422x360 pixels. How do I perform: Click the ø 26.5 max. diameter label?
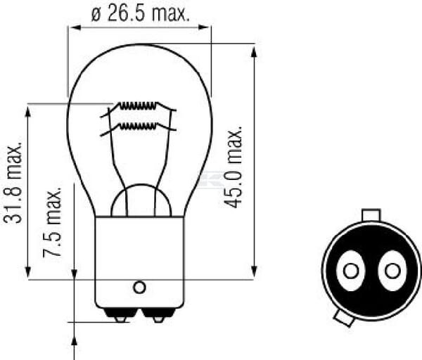[x=140, y=13]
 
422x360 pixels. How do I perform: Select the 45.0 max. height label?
[x=234, y=167]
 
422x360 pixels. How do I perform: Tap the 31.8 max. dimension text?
[x=13, y=184]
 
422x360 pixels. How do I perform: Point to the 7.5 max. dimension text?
[x=52, y=222]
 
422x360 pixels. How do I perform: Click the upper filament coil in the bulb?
[x=138, y=105]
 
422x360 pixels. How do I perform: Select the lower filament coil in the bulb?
[x=138, y=126]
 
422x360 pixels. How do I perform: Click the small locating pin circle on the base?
[x=139, y=288]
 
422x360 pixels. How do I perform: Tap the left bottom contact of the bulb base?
[x=120, y=315]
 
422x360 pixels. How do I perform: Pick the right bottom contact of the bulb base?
[x=158, y=315]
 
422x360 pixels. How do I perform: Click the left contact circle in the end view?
[x=351, y=271]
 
